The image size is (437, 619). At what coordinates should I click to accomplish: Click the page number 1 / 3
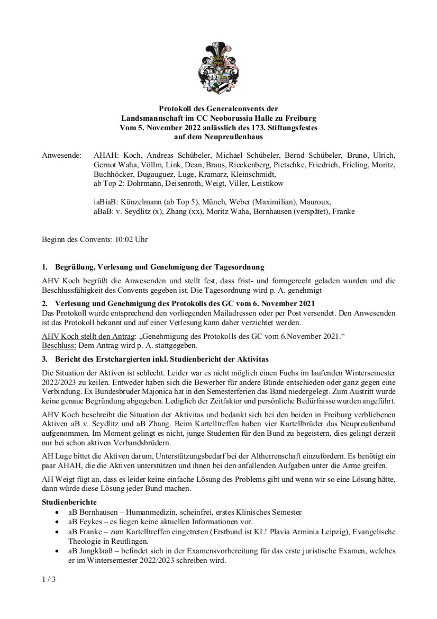[x=49, y=579]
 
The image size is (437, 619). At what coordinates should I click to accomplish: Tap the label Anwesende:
[x=62, y=156]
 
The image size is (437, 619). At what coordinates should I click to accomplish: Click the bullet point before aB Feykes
[x=57, y=522]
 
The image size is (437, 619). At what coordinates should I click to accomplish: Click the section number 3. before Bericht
[x=44, y=358]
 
